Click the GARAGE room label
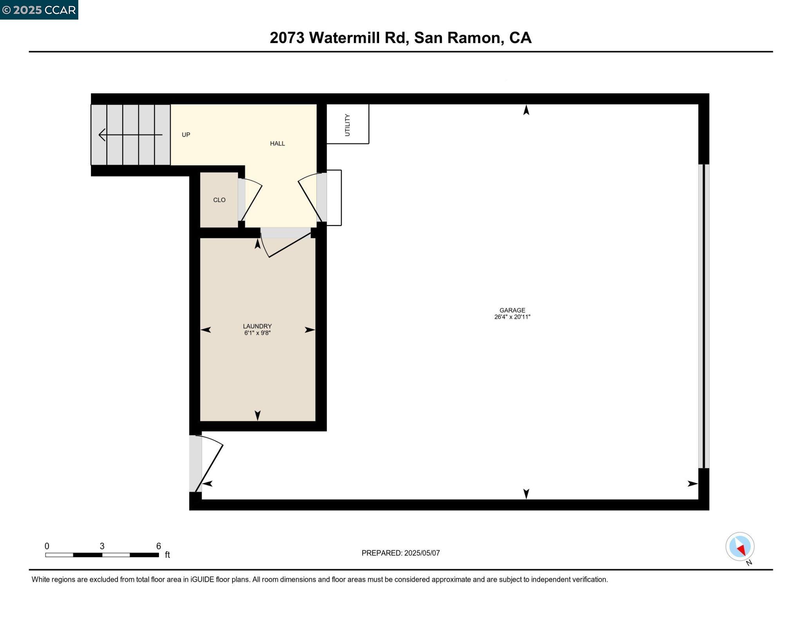(x=512, y=310)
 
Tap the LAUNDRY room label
(x=257, y=326)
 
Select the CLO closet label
(x=219, y=200)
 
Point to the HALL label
(x=277, y=143)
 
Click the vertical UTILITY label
(x=347, y=125)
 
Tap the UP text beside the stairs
(x=186, y=135)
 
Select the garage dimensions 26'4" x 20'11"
(x=512, y=317)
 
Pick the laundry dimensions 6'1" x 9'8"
(x=257, y=333)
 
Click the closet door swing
(x=251, y=200)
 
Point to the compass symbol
(x=740, y=547)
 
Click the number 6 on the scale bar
(x=159, y=546)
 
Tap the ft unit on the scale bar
(x=167, y=555)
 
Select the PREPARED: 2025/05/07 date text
(x=400, y=553)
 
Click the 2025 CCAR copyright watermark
(x=39, y=10)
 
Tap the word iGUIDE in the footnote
(x=202, y=579)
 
